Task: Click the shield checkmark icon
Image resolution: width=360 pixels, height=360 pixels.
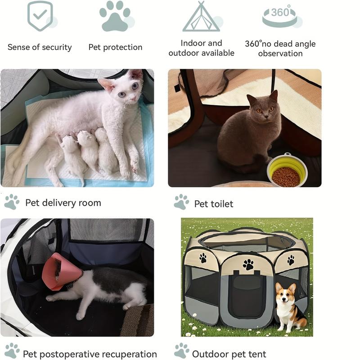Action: [x=40, y=16]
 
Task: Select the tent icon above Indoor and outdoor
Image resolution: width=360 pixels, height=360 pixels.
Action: [x=201, y=18]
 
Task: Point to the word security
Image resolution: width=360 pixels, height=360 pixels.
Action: [x=55, y=47]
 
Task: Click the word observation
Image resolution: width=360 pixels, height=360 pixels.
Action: [x=280, y=54]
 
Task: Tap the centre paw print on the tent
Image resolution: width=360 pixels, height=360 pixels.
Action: [x=248, y=264]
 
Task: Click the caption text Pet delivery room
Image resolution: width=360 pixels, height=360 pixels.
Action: [x=63, y=203]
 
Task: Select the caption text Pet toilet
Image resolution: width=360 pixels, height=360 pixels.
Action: [x=214, y=204]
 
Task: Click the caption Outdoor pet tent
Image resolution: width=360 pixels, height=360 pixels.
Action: [x=229, y=354]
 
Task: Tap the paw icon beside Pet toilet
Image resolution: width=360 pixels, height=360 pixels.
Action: [x=182, y=202]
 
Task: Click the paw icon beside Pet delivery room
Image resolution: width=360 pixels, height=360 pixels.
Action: [x=12, y=202]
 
